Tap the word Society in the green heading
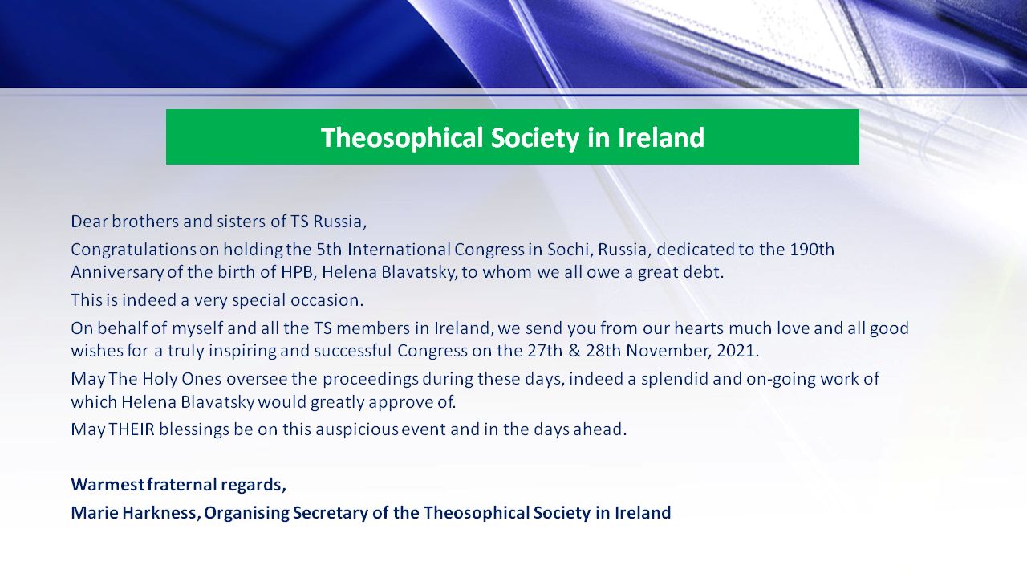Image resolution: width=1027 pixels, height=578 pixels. click(535, 137)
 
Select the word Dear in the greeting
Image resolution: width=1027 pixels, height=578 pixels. click(89, 222)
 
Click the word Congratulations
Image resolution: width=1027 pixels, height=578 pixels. click(133, 250)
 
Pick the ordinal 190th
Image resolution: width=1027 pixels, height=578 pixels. click(812, 250)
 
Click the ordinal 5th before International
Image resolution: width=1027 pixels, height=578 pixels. click(329, 250)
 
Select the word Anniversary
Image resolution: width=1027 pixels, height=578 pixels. click(117, 272)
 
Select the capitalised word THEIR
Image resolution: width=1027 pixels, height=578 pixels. click(132, 429)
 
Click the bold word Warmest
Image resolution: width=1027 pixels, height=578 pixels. click(108, 484)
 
